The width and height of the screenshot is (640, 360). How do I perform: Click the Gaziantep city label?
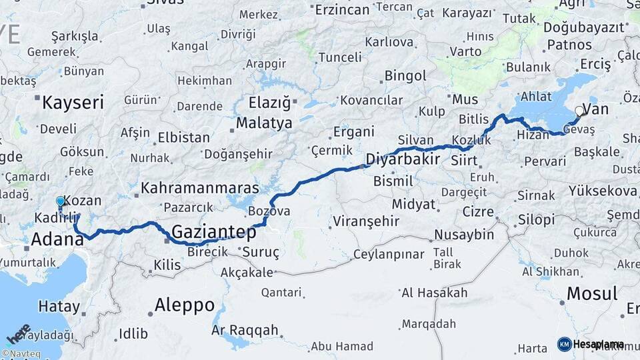point(214,233)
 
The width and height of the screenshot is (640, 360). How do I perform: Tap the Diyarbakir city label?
point(403,159)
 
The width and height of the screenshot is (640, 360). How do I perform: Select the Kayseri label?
point(73,103)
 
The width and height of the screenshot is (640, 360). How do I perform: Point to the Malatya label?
point(265,123)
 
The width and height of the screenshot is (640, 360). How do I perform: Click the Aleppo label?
point(185,306)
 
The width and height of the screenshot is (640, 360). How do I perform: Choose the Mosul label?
point(591,293)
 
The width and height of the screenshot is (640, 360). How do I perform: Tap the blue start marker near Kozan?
point(61,201)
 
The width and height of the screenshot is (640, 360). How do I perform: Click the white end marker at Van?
point(580,111)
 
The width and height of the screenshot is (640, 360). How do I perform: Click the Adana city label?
point(57,239)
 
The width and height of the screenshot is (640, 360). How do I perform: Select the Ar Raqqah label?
point(245,331)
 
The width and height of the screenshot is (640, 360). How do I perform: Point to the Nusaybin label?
point(464,235)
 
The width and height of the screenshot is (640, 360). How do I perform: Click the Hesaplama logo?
point(591,344)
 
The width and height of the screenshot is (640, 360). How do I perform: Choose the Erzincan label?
point(342,9)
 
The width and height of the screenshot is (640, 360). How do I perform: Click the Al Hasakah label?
point(434,293)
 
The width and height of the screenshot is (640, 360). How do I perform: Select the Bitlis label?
point(474,119)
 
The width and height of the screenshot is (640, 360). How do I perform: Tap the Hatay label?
point(59,307)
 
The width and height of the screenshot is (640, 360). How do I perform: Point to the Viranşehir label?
point(366,221)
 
